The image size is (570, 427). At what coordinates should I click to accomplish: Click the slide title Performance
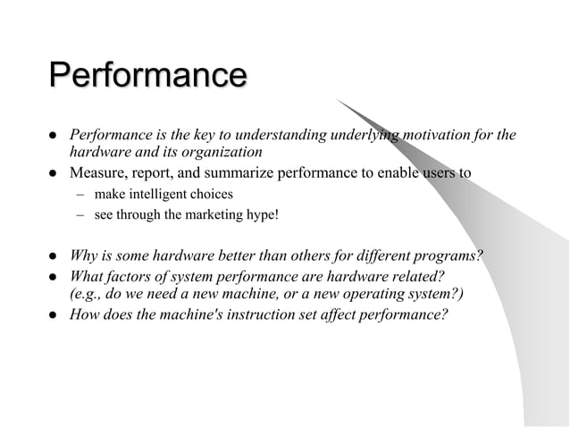tap(147, 75)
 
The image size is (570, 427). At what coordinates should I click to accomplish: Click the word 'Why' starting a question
tap(85, 257)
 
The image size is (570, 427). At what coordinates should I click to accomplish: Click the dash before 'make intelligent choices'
tap(78, 193)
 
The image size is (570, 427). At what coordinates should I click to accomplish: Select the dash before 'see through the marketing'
tap(78, 214)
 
